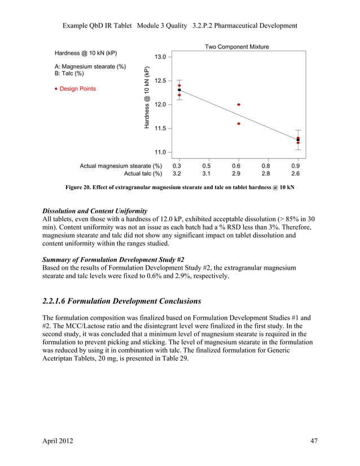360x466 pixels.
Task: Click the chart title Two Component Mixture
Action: tap(236, 47)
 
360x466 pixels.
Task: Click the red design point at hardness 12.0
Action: tap(239, 104)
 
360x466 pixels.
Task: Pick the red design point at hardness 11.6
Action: tap(239, 124)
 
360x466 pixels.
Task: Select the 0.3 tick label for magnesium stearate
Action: tap(177, 166)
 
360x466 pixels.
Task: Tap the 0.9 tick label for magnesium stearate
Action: tap(296, 166)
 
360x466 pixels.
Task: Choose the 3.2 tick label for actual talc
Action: tap(177, 174)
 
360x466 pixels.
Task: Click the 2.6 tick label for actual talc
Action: tap(296, 174)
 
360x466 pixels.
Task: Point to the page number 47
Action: tap(314, 441)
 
